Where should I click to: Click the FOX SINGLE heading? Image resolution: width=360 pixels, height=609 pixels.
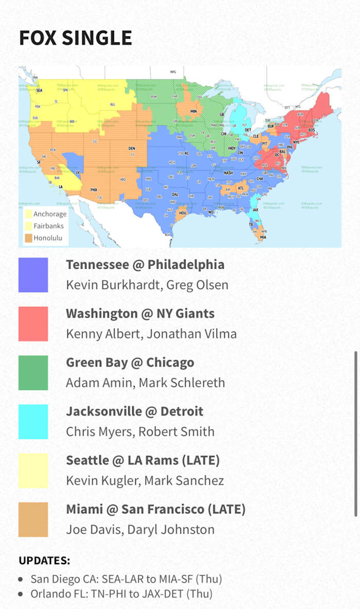(76, 38)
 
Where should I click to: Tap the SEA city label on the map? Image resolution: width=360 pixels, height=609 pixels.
(39, 89)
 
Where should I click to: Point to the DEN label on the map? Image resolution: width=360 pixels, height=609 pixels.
(132, 149)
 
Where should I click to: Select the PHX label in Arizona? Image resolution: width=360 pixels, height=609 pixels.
(94, 190)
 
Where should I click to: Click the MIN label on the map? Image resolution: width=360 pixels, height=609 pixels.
(193, 111)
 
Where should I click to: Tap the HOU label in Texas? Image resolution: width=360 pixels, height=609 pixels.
(182, 212)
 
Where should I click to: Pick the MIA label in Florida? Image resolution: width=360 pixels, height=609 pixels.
(263, 237)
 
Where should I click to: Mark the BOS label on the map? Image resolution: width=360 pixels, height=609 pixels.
(312, 130)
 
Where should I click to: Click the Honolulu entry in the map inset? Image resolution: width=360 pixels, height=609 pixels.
(48, 238)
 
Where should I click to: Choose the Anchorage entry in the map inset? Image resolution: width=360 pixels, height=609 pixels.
(50, 214)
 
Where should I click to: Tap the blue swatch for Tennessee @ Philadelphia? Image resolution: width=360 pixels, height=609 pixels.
(33, 275)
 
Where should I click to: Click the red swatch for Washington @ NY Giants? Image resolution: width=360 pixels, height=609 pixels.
(33, 324)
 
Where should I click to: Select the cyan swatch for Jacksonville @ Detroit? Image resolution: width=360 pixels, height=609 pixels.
(33, 421)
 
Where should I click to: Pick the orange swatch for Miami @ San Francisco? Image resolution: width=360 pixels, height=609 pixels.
(33, 519)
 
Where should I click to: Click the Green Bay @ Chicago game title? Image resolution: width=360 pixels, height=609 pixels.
(130, 362)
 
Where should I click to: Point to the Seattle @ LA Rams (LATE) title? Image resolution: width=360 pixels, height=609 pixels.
(143, 460)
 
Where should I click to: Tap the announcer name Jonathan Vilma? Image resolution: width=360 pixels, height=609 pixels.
(192, 334)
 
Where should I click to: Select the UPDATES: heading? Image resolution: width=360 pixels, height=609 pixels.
(45, 560)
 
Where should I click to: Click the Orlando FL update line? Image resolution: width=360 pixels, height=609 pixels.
(121, 594)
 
